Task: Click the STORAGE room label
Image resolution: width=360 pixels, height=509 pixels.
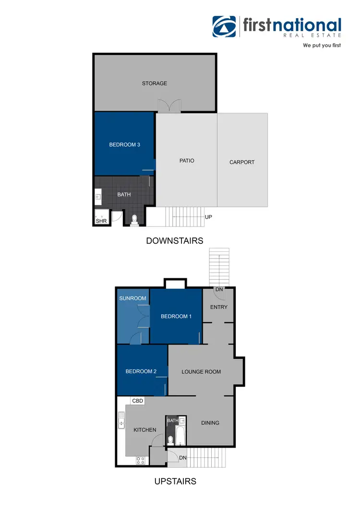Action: click(x=155, y=83)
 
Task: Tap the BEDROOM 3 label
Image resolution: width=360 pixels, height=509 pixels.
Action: click(x=124, y=144)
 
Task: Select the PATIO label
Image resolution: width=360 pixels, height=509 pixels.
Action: click(x=187, y=161)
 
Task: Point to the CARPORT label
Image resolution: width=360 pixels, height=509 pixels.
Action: click(x=242, y=162)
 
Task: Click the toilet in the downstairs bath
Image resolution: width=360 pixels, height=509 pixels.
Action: click(x=134, y=220)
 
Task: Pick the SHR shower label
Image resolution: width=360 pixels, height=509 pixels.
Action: click(x=101, y=221)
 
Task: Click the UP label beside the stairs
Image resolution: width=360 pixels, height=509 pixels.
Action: click(x=208, y=217)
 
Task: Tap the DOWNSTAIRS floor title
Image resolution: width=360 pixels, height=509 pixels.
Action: click(x=175, y=241)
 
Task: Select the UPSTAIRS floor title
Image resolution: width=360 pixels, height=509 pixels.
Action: click(x=175, y=481)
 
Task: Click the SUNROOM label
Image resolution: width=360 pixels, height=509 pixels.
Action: click(x=132, y=298)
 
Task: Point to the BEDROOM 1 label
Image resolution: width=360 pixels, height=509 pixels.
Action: click(x=176, y=316)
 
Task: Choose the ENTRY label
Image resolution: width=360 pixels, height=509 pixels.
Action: click(x=219, y=307)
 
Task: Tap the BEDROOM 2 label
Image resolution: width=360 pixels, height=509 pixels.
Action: click(x=141, y=371)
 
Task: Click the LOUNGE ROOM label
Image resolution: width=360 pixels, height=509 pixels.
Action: click(x=201, y=372)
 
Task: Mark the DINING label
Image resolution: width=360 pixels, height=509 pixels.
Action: click(x=210, y=423)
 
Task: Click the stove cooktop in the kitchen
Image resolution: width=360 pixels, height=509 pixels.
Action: click(x=141, y=460)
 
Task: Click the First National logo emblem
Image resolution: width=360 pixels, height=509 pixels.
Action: click(x=225, y=27)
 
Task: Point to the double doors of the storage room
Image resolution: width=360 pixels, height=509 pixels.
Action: click(x=169, y=107)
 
